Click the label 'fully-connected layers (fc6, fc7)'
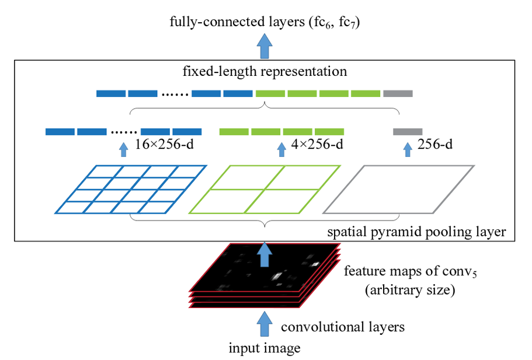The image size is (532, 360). point(265,23)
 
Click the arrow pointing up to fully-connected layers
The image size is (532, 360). point(265,46)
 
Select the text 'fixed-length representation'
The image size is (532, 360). point(265,72)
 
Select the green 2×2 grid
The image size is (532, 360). point(263,189)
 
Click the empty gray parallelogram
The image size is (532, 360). point(398,189)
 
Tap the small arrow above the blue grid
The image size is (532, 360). point(123,150)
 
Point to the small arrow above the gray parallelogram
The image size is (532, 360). point(408,150)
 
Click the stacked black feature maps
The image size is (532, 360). point(263,274)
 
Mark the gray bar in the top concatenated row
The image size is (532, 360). point(398,93)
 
